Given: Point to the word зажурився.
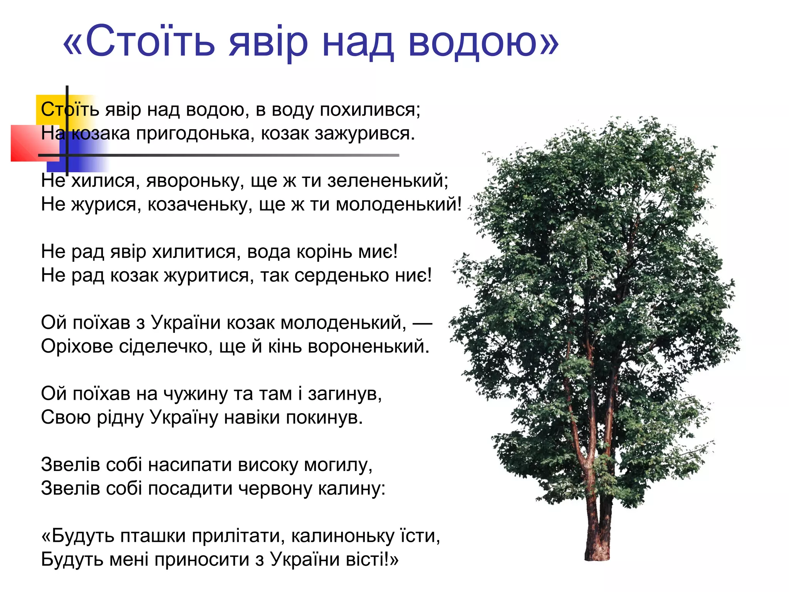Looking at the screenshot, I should [x=364, y=134].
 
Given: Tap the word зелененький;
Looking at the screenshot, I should [x=388, y=181].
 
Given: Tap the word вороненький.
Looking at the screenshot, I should [x=368, y=346].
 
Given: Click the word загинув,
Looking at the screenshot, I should [x=345, y=394].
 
